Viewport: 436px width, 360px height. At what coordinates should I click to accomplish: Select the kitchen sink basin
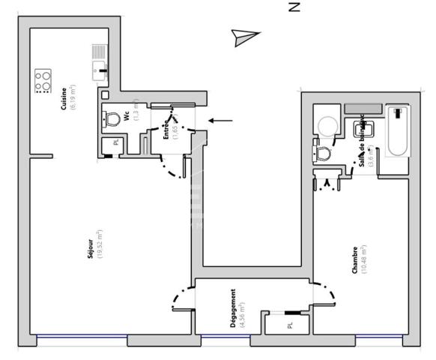pyautogui.click(x=98, y=71)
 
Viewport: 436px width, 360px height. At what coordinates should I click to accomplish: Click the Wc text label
pyautogui.click(x=127, y=116)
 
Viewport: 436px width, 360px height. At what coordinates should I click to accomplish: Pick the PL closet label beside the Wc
pyautogui.click(x=115, y=142)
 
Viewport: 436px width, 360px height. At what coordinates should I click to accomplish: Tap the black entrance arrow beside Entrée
pyautogui.click(x=220, y=120)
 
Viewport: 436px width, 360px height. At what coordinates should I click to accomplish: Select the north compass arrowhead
pyautogui.click(x=245, y=37)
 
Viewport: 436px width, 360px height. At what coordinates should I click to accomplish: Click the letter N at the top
pyautogui.click(x=294, y=7)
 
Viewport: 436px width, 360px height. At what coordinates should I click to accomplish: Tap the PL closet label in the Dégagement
pyautogui.click(x=289, y=326)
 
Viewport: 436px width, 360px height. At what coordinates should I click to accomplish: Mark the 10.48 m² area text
pyautogui.click(x=363, y=259)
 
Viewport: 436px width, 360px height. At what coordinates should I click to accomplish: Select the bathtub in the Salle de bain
pyautogui.click(x=399, y=132)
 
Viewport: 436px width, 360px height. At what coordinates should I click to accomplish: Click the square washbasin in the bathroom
pyautogui.click(x=358, y=130)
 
